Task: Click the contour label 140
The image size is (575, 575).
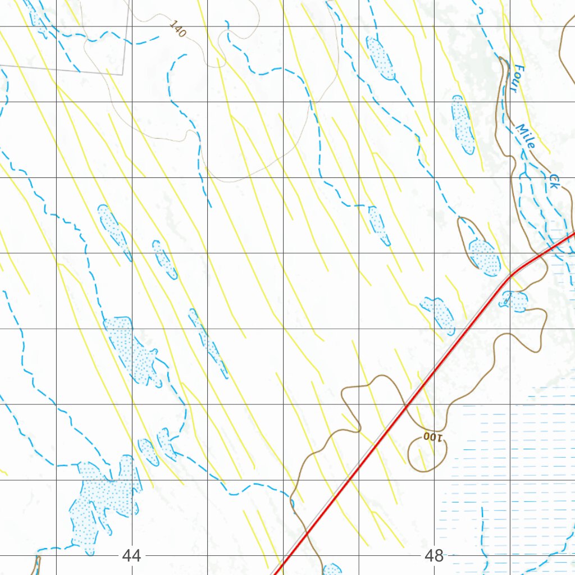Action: point(177,29)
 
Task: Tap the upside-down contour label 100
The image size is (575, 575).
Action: point(433,436)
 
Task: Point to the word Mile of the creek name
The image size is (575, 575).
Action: point(526,136)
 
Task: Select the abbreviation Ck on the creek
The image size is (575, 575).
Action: point(554,181)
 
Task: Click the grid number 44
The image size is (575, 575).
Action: point(131,556)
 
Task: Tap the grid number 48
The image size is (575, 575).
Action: point(434,556)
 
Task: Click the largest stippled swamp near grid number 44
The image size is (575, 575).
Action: point(104,494)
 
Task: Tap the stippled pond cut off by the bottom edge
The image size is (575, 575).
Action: point(332,569)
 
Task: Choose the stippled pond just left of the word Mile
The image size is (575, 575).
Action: point(463,124)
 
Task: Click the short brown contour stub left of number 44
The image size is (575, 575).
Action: point(37,564)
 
